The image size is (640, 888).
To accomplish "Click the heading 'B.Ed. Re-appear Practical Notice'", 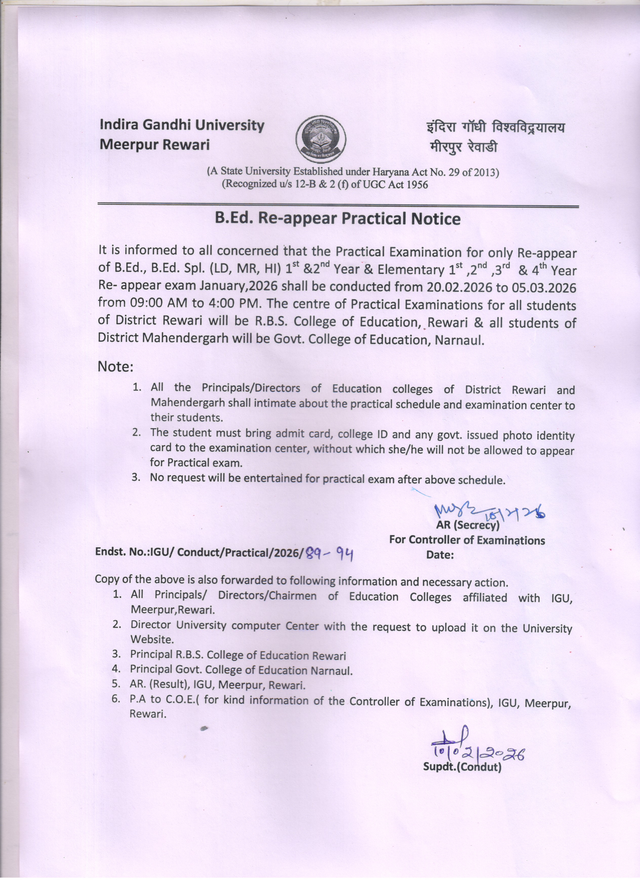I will point(337,219).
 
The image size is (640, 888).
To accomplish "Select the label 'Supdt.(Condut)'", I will point(462,767).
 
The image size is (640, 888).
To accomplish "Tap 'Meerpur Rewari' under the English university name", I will point(155,145).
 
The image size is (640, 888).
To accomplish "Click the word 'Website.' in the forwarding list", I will point(152,639).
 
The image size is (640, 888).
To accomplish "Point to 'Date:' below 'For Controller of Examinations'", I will point(440,555).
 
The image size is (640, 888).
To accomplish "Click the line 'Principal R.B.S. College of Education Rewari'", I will point(238,655).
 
